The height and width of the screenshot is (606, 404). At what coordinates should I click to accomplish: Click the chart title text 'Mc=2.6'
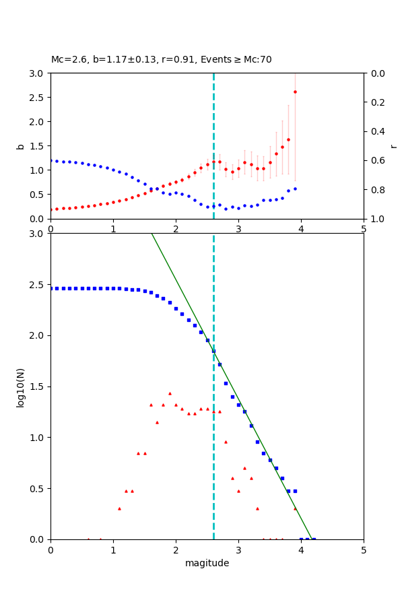point(66,60)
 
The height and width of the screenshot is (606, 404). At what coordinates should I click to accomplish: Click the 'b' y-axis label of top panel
point(20,146)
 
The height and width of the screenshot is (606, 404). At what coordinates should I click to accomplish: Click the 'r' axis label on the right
point(394,146)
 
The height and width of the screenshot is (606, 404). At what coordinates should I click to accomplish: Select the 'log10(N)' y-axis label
point(20,386)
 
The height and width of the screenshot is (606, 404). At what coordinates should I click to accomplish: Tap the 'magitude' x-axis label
point(207,563)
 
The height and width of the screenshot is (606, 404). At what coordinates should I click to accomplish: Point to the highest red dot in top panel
point(295,92)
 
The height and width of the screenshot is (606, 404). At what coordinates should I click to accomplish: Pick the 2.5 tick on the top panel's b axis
point(38,98)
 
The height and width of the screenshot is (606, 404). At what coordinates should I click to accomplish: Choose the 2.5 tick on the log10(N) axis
point(38,285)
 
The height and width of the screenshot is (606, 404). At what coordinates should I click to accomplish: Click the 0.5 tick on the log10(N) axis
point(38,489)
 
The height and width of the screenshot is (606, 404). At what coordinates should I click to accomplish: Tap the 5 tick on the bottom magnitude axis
point(364,550)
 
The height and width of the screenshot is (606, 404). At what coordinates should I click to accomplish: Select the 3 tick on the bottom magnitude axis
point(238,550)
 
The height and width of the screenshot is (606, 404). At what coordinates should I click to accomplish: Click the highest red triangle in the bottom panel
point(170,393)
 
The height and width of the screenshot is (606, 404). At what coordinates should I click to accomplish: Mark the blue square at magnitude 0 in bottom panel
point(50,288)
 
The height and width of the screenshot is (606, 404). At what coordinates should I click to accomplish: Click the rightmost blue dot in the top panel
point(295,189)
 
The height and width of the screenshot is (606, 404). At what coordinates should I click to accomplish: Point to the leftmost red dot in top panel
point(50,209)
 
